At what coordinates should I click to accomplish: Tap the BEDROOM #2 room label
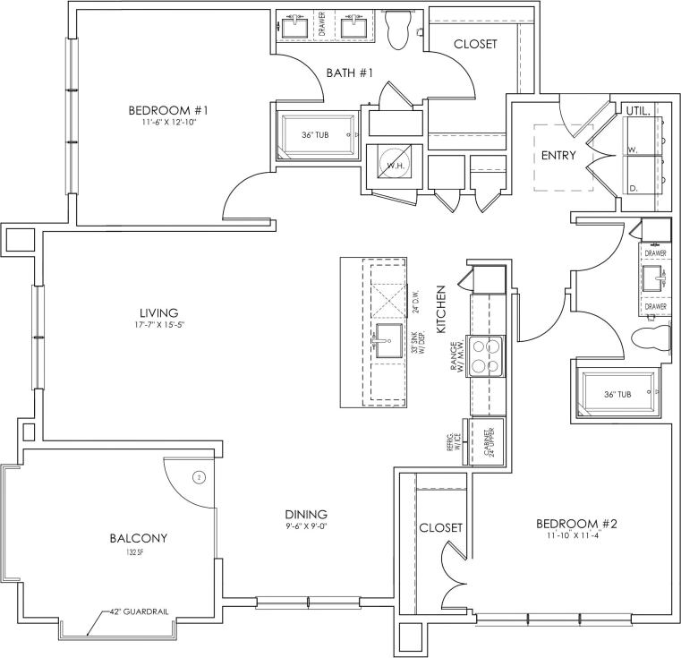coord(577,524)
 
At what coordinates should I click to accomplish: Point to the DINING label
coord(306,514)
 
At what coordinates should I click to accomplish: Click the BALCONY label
coord(139,538)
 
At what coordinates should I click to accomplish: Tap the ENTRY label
coord(558,155)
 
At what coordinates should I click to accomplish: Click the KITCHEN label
coord(441,311)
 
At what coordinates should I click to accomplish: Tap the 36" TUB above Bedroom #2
coord(617,393)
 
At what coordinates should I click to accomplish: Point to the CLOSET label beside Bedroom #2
coord(440,527)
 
